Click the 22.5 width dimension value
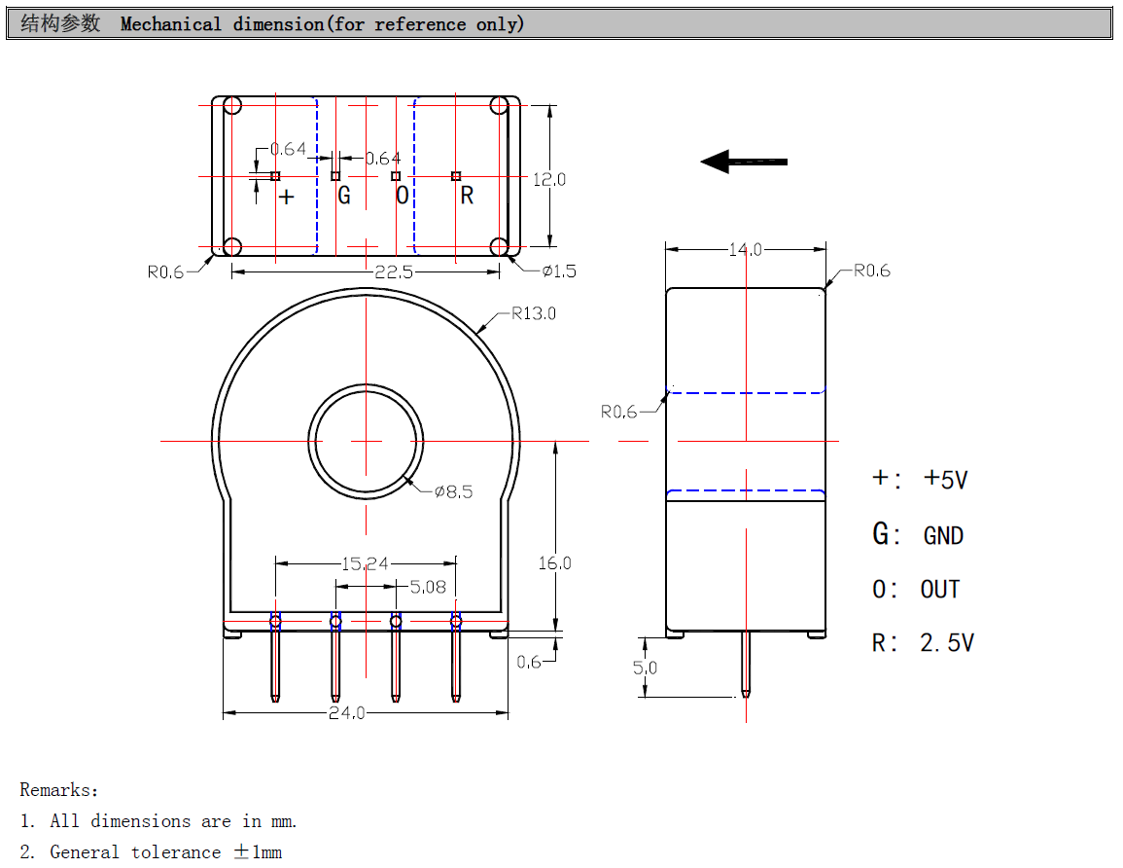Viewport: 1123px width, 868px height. pyautogui.click(x=394, y=272)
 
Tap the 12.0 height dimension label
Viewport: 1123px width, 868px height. pyautogui.click(x=549, y=179)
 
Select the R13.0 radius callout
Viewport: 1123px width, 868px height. pyautogui.click(x=534, y=313)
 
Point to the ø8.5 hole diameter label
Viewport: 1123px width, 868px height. pyautogui.click(x=453, y=491)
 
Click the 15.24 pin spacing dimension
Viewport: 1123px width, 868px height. pyautogui.click(x=365, y=562)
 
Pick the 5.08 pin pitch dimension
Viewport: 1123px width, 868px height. pyautogui.click(x=428, y=586)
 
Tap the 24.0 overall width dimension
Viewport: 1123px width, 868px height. pyautogui.click(x=346, y=712)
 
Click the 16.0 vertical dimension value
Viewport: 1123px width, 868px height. pyautogui.click(x=554, y=562)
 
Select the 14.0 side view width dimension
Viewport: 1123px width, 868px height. pyautogui.click(x=746, y=249)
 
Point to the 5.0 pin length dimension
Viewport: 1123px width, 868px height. pyautogui.click(x=645, y=668)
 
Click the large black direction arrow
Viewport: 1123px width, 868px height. pyautogui.click(x=744, y=162)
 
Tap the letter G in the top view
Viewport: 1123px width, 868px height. pyautogui.click(x=343, y=196)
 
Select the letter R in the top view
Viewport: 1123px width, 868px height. pyautogui.click(x=467, y=196)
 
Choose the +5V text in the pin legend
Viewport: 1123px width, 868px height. pyautogui.click(x=945, y=479)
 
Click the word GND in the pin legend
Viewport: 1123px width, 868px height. pyautogui.click(x=943, y=535)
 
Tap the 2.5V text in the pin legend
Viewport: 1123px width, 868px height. pyautogui.click(x=946, y=642)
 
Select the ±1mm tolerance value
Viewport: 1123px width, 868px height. pyautogui.click(x=258, y=852)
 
